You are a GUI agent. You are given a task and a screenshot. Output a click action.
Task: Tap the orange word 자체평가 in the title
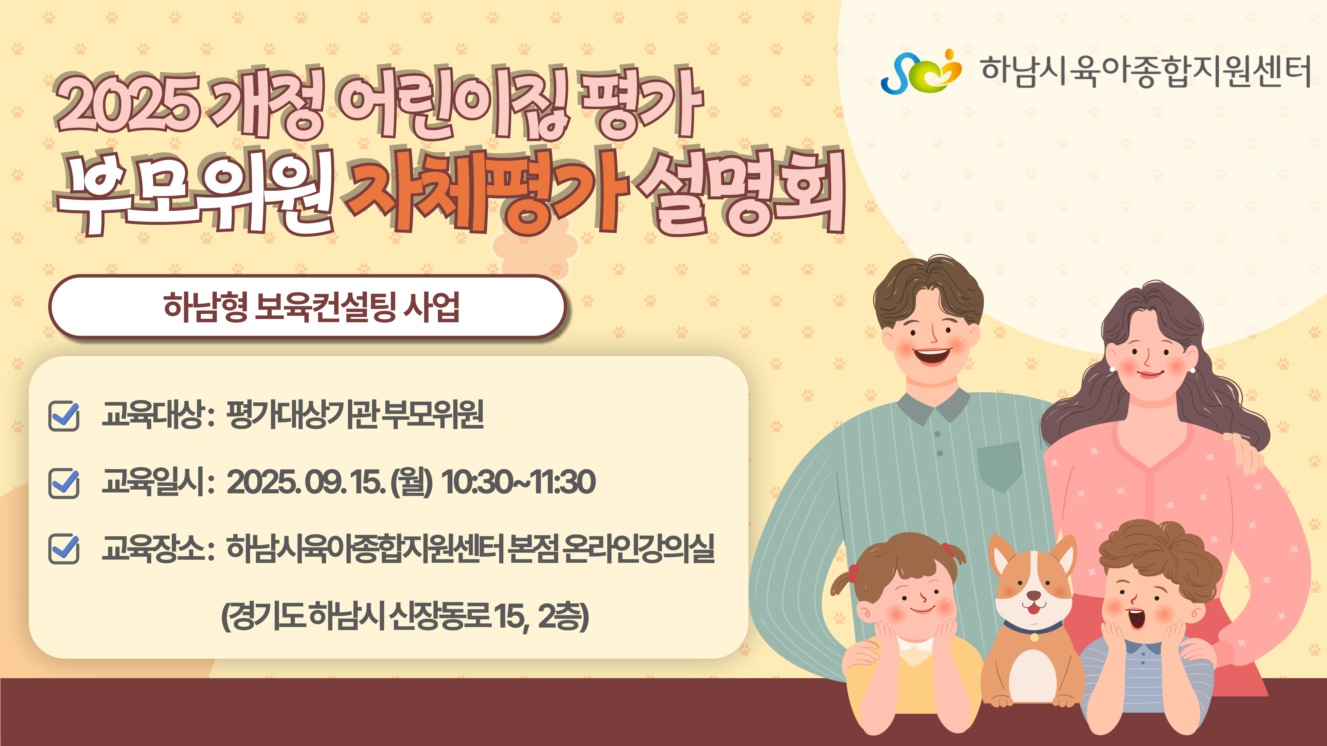click(x=487, y=193)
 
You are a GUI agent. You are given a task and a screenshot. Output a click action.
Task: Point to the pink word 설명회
click(x=742, y=193)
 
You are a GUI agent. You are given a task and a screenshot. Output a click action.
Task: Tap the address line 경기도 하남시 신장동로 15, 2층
click(x=405, y=616)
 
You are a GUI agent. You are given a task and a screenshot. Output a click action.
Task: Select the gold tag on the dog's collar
click(x=1034, y=637)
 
